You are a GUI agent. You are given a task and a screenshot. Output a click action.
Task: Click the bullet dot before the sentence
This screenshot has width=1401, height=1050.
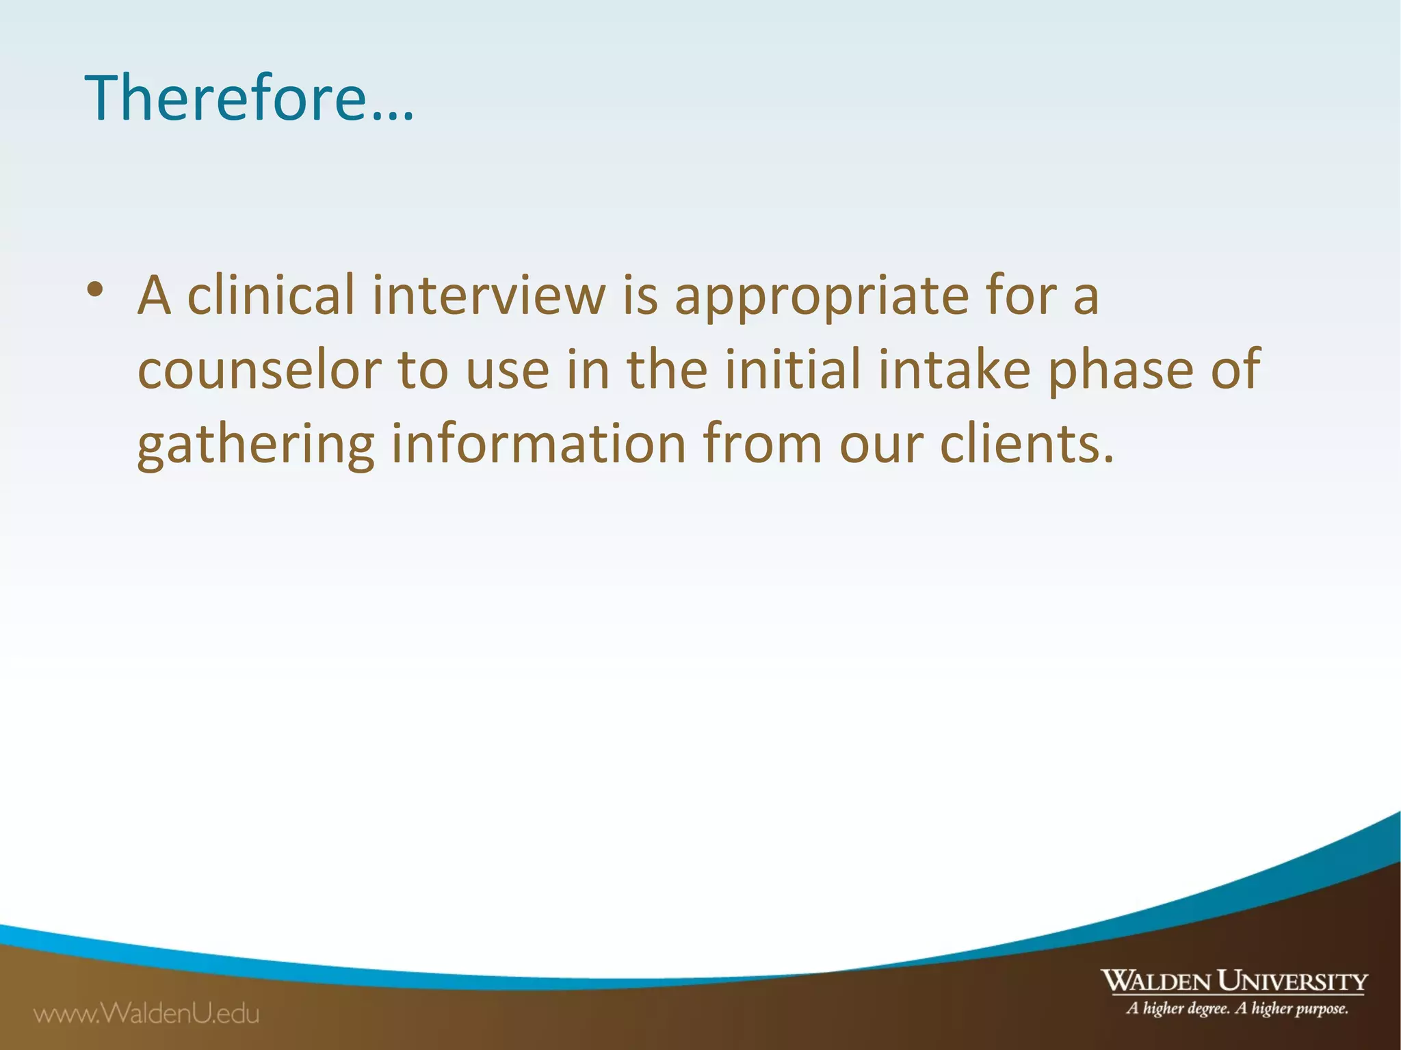pyautogui.click(x=95, y=289)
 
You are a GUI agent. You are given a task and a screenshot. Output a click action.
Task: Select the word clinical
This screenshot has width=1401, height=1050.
pyautogui.click(x=271, y=296)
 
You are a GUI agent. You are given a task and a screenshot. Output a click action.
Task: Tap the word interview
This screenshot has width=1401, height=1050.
pyautogui.click(x=488, y=296)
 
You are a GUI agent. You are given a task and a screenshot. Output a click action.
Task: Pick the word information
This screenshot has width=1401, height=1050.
pyautogui.click(x=538, y=444)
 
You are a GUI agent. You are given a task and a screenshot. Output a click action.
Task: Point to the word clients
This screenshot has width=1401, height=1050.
pyautogui.click(x=1026, y=444)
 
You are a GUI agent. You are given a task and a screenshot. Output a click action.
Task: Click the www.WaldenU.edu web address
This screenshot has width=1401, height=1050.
pyautogui.click(x=147, y=1013)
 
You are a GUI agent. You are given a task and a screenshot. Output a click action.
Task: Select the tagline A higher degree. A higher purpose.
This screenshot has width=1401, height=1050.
pyautogui.click(x=1237, y=1008)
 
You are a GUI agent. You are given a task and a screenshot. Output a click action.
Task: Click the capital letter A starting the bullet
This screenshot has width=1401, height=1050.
pyautogui.click(x=154, y=296)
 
